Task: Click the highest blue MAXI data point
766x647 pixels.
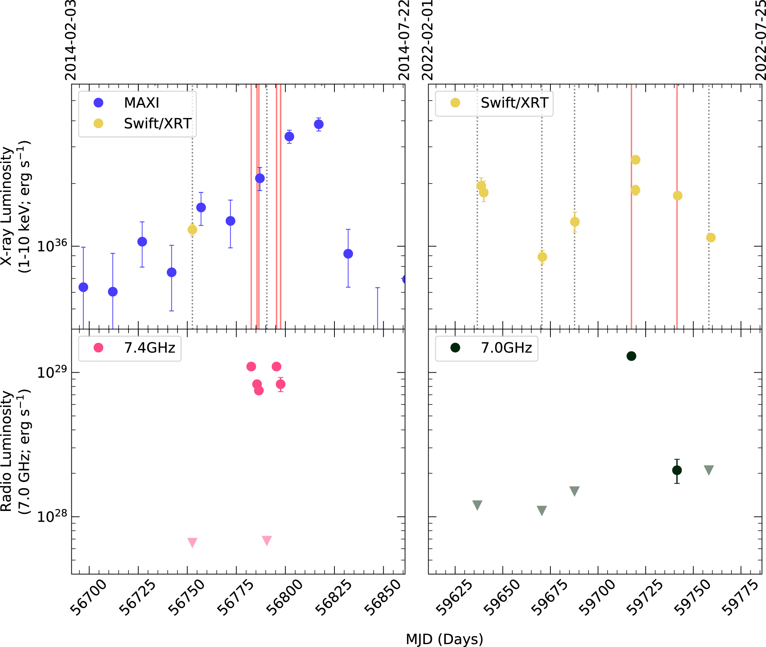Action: (319, 124)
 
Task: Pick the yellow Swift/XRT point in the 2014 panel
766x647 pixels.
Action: (192, 229)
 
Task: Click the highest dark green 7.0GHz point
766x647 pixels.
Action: (631, 356)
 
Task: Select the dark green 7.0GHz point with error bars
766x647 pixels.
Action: (677, 470)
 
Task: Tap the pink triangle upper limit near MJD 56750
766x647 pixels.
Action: (192, 542)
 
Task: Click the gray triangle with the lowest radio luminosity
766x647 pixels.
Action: (542, 510)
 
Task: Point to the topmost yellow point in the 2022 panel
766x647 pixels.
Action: (635, 160)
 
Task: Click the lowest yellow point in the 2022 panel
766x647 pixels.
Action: (542, 257)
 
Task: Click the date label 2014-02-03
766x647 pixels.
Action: (71, 40)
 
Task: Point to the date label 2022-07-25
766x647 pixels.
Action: (760, 40)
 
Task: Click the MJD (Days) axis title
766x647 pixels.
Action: (444, 639)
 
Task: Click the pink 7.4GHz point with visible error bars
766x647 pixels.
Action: (281, 384)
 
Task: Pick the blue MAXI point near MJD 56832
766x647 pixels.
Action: (348, 254)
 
